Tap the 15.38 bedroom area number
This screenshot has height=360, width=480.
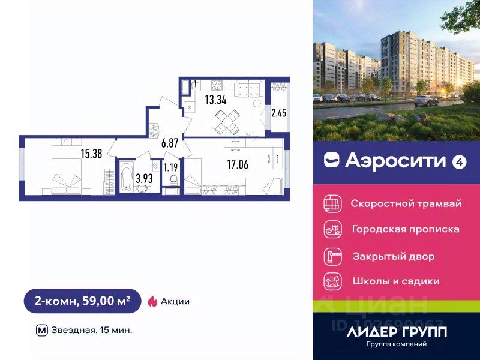tap(92, 153)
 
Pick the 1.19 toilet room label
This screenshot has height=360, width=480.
tap(171, 167)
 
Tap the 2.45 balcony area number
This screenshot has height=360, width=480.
tap(280, 112)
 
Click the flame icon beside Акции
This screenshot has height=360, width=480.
tap(152, 301)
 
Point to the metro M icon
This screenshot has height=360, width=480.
tap(41, 329)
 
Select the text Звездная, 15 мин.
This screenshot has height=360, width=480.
tap(92, 329)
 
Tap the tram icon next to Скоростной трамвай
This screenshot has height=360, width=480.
tap(332, 203)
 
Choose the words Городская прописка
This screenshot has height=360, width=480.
tap(406, 229)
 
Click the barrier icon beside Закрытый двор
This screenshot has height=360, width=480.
tap(332, 256)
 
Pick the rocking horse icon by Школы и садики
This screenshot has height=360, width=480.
tap(332, 281)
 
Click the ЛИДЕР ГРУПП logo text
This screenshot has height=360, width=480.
tap(397, 331)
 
